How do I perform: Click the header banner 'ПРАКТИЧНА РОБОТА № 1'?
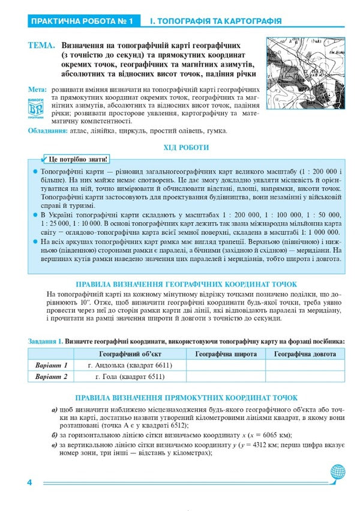click(81, 22)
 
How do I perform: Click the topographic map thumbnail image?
click(305, 73)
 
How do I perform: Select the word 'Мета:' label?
click(37, 89)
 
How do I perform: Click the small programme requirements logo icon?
click(37, 108)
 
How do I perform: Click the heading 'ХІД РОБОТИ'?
click(186, 148)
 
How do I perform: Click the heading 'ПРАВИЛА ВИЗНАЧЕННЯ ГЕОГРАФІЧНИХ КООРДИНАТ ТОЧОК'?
click(186, 284)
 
